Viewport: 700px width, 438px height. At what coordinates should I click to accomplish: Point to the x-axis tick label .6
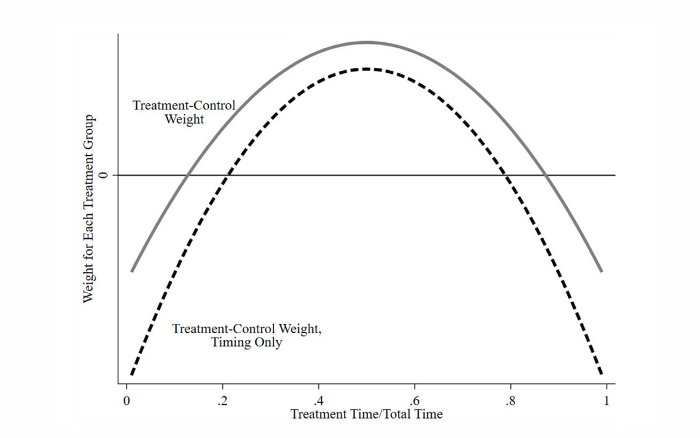point(414,401)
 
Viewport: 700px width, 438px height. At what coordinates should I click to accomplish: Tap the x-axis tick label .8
point(510,401)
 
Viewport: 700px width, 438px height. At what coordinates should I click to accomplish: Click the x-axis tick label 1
point(607,401)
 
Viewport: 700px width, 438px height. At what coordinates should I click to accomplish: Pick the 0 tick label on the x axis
point(127,401)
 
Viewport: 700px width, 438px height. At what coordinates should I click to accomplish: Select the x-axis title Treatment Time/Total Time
point(366,414)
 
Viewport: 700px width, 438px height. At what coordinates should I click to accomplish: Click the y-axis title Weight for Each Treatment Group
point(88,208)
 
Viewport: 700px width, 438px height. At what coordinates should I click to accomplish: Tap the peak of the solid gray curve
point(366,42)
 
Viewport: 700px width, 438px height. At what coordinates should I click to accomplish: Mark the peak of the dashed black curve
point(366,69)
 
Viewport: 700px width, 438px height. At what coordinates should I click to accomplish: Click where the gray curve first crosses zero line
point(187,175)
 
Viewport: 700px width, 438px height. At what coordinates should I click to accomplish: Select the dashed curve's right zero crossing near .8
point(506,175)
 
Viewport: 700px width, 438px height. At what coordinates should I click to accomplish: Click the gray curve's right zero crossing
point(546,175)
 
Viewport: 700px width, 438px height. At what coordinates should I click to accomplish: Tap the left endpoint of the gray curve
point(131,271)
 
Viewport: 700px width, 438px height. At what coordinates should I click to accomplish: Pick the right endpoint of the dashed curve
point(602,374)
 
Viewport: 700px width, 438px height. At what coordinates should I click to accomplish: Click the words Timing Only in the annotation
point(246,343)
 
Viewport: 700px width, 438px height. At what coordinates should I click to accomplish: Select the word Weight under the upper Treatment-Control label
point(184,119)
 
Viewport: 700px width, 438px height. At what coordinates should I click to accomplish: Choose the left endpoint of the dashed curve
point(131,374)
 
